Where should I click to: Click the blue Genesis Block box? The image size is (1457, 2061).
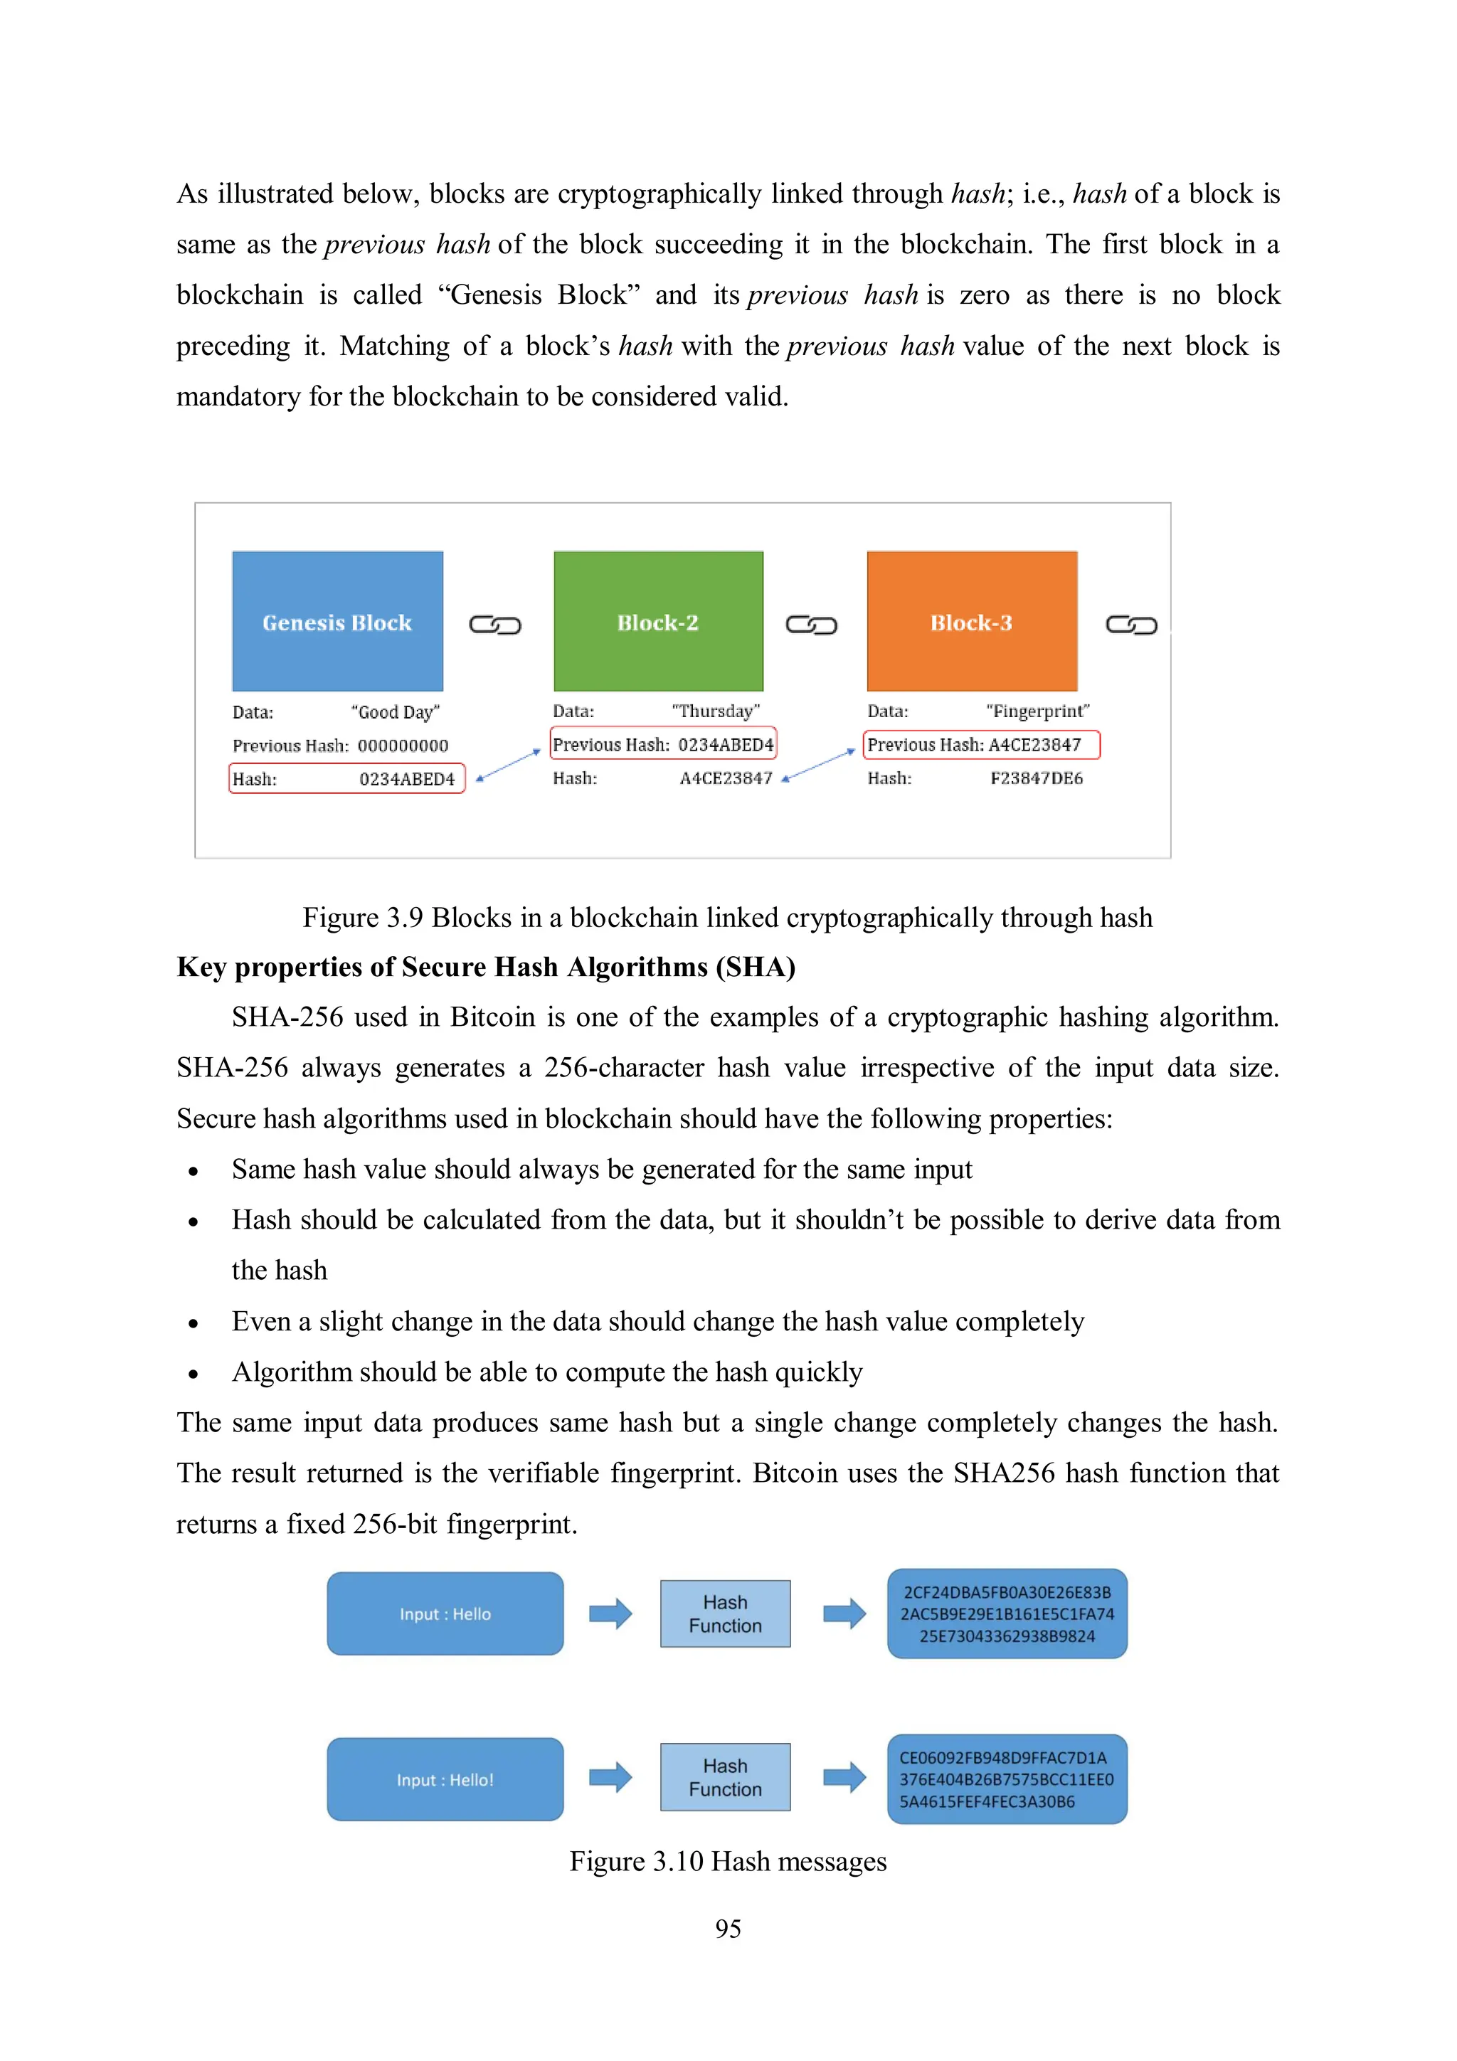pyautogui.click(x=337, y=620)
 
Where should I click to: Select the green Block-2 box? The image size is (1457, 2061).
pyautogui.click(x=658, y=620)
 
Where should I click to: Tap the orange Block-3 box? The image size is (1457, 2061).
pyautogui.click(x=971, y=620)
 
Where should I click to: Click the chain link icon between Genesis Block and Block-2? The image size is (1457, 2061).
pyautogui.click(x=494, y=625)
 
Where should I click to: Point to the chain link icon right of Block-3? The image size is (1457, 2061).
pyautogui.click(x=1131, y=625)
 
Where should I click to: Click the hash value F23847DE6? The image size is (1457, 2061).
pyautogui.click(x=1036, y=778)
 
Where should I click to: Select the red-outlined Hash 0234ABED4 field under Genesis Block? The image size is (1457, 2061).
pyautogui.click(x=346, y=778)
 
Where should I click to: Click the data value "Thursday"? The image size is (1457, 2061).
pyautogui.click(x=716, y=711)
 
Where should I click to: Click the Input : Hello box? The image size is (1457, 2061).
pyautogui.click(x=445, y=1613)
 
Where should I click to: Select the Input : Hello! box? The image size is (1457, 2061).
pyautogui.click(x=445, y=1779)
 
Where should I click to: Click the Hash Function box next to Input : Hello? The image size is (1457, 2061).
pyautogui.click(x=726, y=1776)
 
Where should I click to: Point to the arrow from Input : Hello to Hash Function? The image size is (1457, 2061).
pyautogui.click(x=610, y=1613)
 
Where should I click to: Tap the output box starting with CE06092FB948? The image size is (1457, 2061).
pyautogui.click(x=1007, y=1779)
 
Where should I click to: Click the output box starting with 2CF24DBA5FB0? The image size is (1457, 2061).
pyautogui.click(x=1007, y=1613)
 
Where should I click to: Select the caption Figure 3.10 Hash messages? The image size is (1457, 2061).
pyautogui.click(x=728, y=1861)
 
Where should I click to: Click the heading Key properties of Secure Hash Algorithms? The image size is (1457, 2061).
pyautogui.click(x=486, y=967)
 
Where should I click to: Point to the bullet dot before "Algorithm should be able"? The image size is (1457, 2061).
pyautogui.click(x=193, y=1373)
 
